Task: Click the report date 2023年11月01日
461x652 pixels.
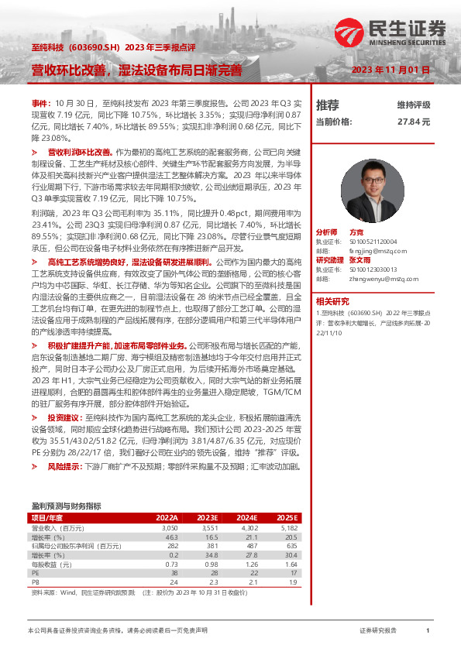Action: (390, 70)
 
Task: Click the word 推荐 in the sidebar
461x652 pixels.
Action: (328, 105)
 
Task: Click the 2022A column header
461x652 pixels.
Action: (167, 517)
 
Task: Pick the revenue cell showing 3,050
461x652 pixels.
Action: (170, 527)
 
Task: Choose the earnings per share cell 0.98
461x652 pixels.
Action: (212, 564)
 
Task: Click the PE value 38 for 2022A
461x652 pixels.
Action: (174, 573)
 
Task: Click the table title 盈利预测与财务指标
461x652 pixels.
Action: (66, 506)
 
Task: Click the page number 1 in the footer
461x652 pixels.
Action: (427, 631)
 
